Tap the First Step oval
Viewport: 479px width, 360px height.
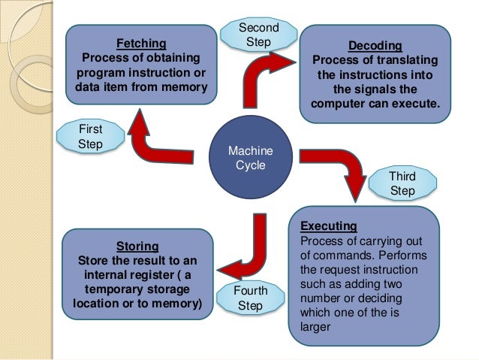pyautogui.click(x=90, y=136)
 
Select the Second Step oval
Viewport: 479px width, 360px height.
pyautogui.click(x=258, y=35)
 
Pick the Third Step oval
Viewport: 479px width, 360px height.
pyautogui.click(x=402, y=183)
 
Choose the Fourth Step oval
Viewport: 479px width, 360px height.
pyautogui.click(x=250, y=298)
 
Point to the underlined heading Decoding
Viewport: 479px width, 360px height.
pyautogui.click(x=375, y=45)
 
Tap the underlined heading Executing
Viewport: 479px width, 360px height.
pyautogui.click(x=328, y=225)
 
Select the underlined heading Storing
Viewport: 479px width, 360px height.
pyautogui.click(x=137, y=245)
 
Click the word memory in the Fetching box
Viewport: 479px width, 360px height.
pyautogui.click(x=182, y=85)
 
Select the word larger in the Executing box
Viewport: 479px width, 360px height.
pyautogui.click(x=315, y=327)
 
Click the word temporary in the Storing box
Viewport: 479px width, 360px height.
pyautogui.click(x=114, y=289)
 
